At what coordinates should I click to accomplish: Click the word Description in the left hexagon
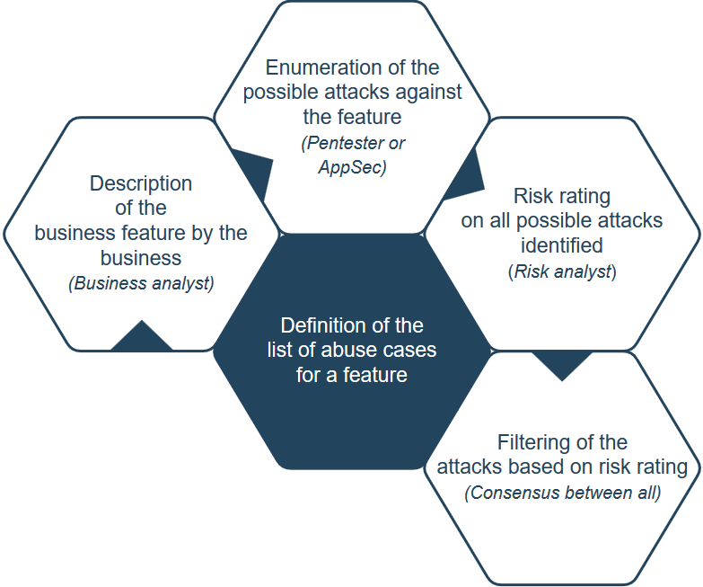pos(141,183)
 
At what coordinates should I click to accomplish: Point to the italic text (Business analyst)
pos(141,282)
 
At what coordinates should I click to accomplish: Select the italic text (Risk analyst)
pos(562,271)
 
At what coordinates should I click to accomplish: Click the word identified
pos(562,245)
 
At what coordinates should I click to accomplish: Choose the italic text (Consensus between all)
pos(562,493)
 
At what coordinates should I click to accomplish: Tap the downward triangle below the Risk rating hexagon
pos(562,364)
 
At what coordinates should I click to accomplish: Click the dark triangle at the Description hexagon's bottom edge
pos(142,337)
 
